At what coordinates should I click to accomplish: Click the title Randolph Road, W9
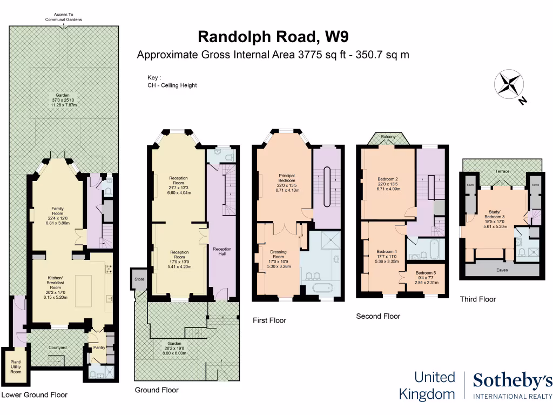(x=273, y=36)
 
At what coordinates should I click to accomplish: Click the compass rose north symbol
(x=510, y=85)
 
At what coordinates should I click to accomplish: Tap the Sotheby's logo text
(x=512, y=381)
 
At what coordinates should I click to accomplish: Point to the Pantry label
(x=99, y=347)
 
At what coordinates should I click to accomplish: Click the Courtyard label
(x=57, y=347)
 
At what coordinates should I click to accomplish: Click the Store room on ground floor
(x=140, y=279)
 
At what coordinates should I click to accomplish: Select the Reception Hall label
(x=222, y=252)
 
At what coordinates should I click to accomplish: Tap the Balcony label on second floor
(x=388, y=137)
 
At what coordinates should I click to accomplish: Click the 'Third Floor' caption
(x=477, y=299)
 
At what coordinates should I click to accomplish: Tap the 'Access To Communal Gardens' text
(x=63, y=17)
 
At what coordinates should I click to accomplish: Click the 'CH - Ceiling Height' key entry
(x=172, y=85)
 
